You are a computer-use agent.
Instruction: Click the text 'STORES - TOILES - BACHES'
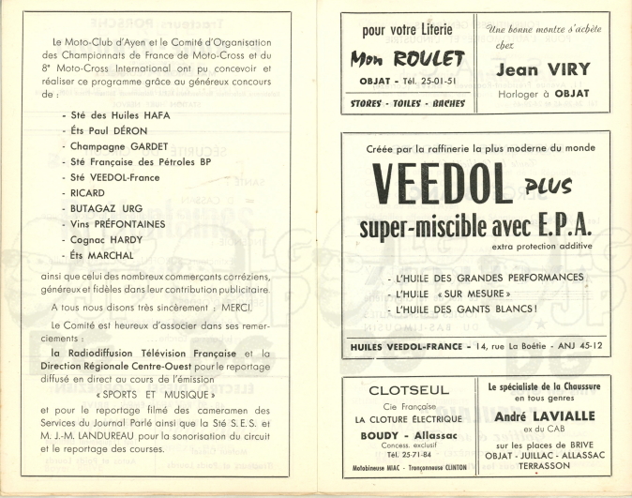point(408,103)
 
